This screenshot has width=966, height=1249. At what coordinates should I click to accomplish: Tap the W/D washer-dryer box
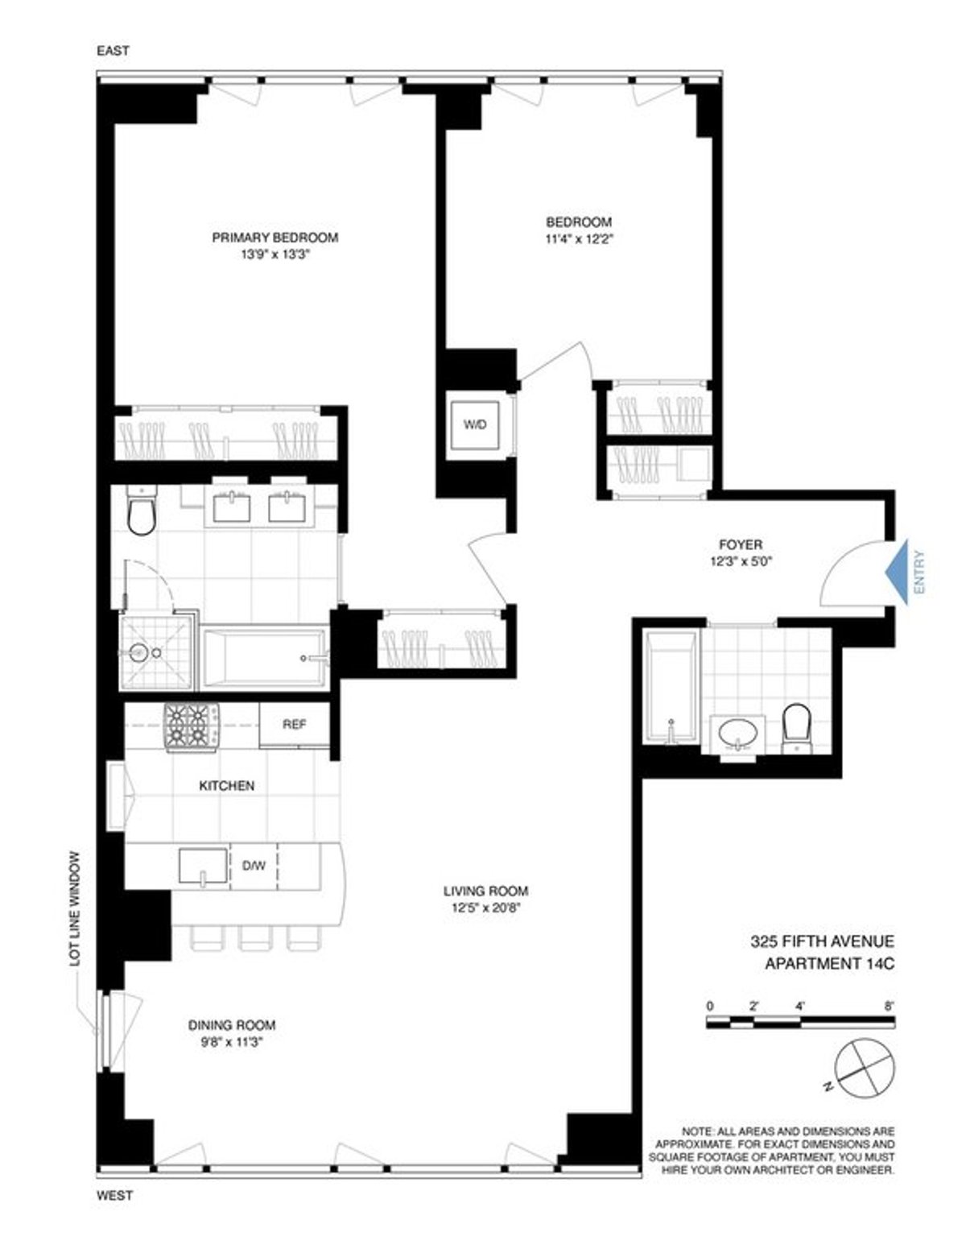point(475,424)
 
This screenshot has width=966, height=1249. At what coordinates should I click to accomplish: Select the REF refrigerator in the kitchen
point(294,725)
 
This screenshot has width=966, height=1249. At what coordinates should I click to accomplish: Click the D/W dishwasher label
point(254,866)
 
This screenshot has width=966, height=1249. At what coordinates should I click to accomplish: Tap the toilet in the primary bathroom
point(141,511)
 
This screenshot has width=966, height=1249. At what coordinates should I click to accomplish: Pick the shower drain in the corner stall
point(139,652)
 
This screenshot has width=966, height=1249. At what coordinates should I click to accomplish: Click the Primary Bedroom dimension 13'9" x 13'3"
point(274,254)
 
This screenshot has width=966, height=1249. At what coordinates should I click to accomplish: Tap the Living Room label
point(485,891)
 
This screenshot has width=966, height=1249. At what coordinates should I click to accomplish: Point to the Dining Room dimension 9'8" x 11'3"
point(232,1041)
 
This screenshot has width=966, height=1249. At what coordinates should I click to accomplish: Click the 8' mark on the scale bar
point(889,1007)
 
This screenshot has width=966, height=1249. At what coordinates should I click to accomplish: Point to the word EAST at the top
point(113,51)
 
